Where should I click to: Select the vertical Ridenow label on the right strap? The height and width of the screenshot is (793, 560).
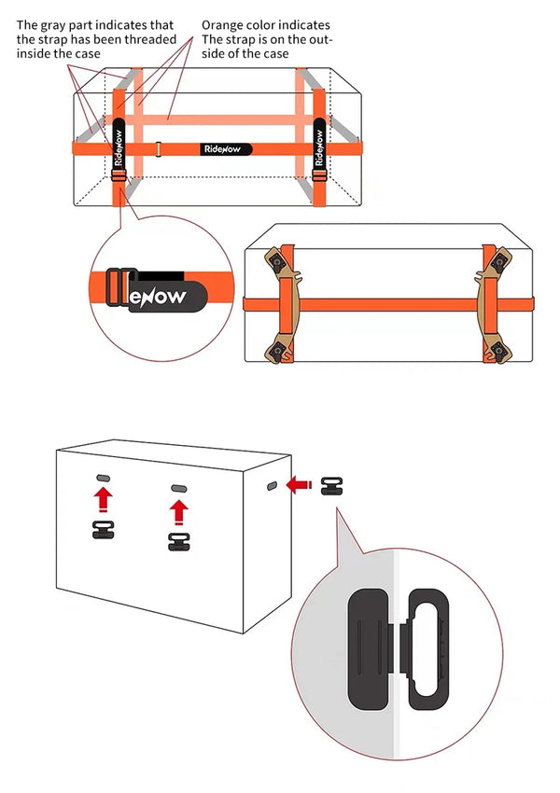[318, 143]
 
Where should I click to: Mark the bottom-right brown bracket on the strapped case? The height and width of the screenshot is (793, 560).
[497, 349]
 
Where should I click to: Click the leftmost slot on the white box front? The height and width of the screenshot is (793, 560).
[103, 478]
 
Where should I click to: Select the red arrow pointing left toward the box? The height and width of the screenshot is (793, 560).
[299, 484]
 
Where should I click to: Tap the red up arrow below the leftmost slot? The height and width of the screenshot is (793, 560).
[103, 501]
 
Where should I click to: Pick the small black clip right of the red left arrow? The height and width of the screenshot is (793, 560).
[330, 484]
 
